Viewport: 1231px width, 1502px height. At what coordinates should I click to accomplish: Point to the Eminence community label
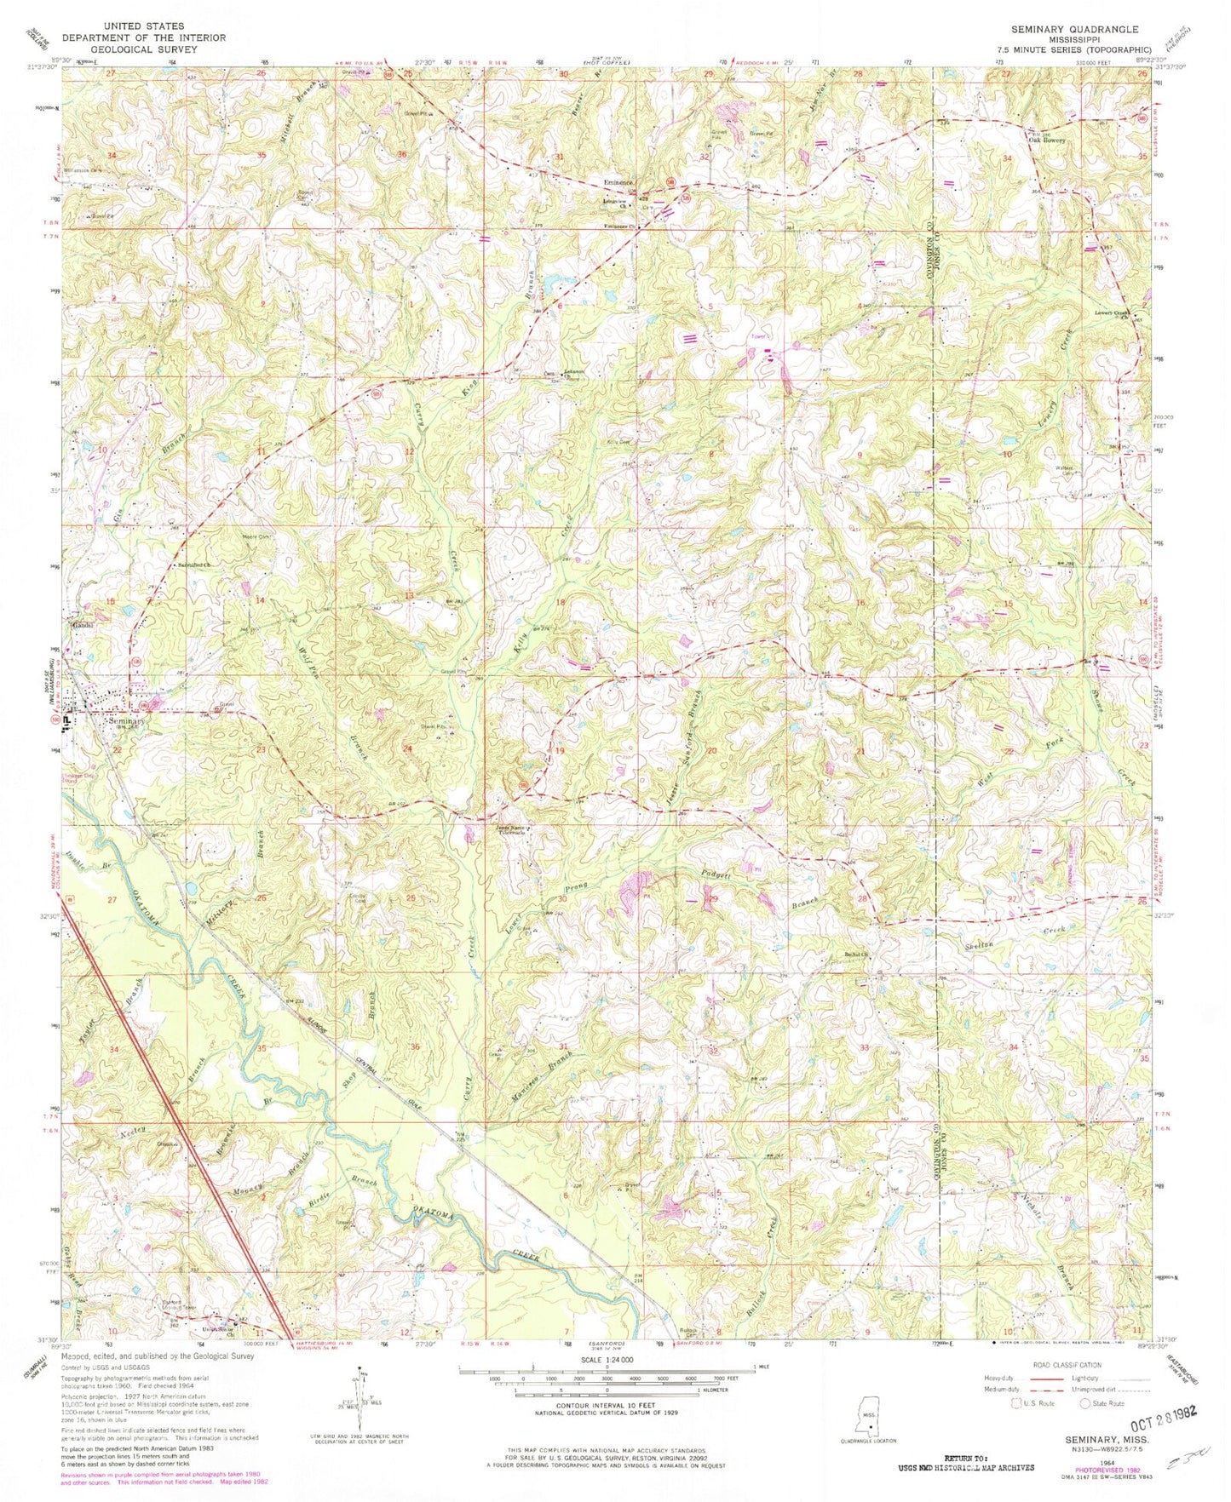pos(618,183)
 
